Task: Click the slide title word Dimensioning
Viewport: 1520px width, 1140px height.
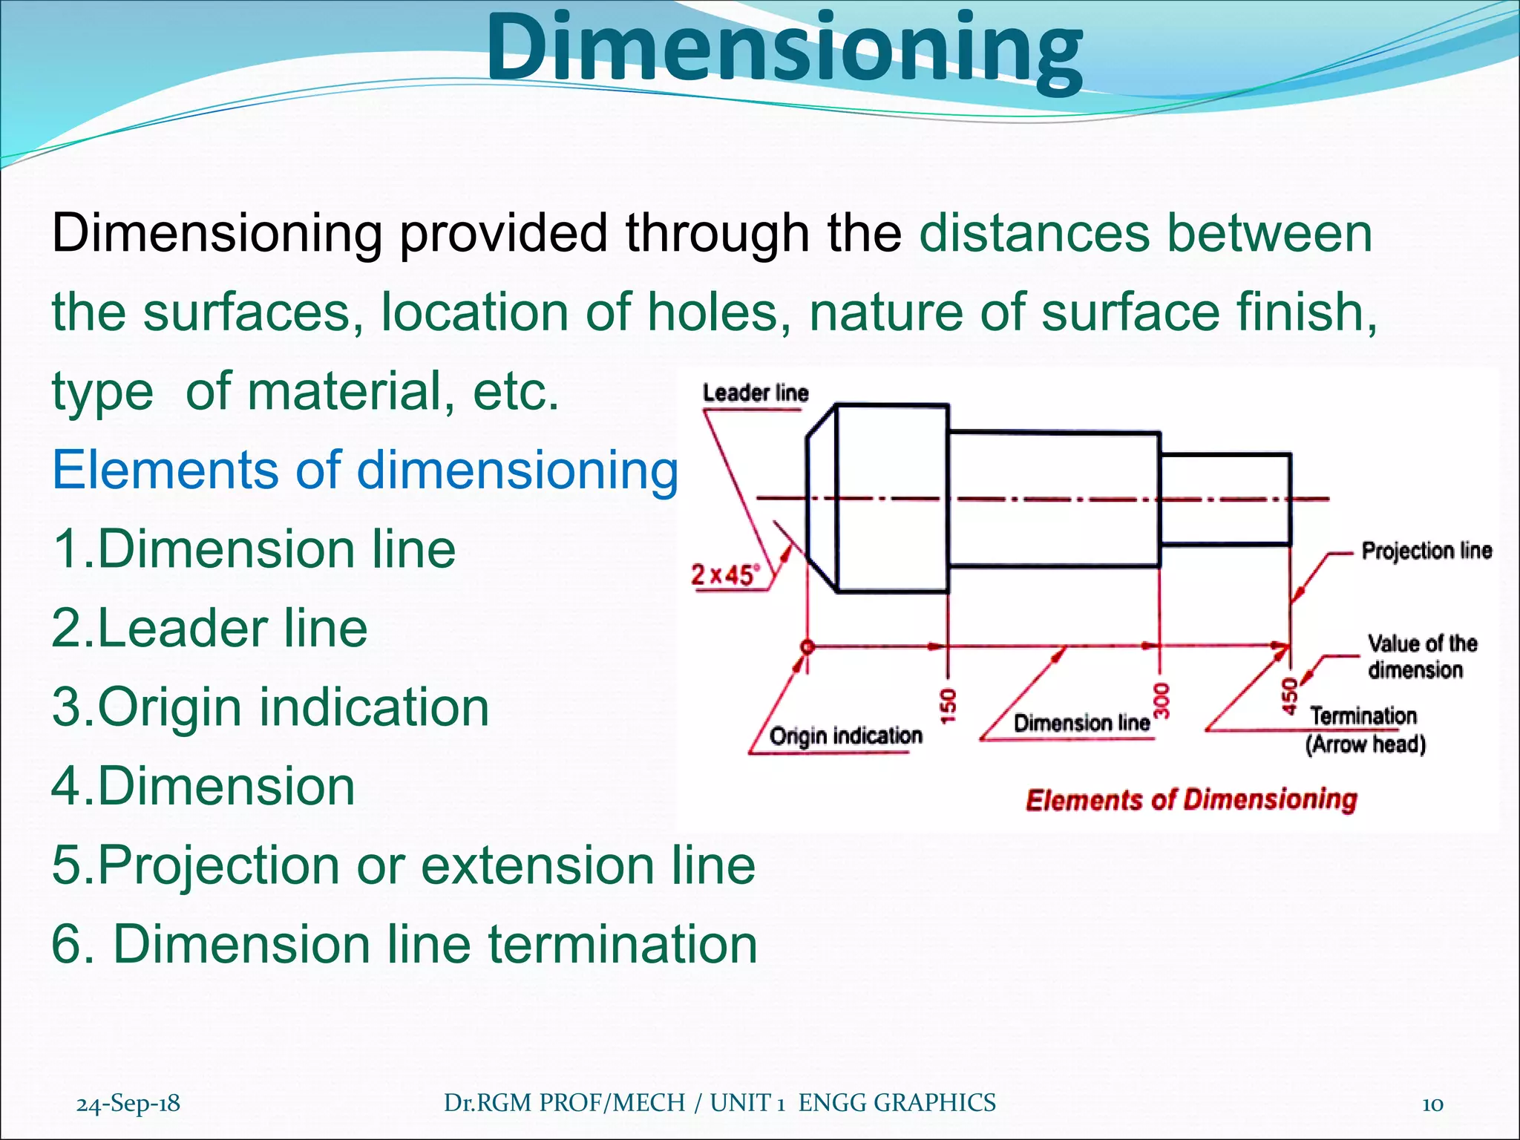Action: (784, 50)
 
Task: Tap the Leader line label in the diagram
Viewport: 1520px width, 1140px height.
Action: (755, 393)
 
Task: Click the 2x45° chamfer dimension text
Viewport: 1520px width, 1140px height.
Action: (725, 574)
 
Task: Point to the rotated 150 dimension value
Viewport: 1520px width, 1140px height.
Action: (949, 705)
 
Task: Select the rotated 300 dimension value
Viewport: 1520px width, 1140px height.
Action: (1162, 700)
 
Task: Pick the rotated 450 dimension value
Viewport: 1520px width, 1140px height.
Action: (1291, 696)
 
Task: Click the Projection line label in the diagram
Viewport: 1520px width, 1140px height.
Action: (1426, 551)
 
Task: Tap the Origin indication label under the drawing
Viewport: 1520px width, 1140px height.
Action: (845, 736)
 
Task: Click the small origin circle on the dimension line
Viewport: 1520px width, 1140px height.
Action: (807, 646)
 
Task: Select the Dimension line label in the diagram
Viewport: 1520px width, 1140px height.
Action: (1081, 723)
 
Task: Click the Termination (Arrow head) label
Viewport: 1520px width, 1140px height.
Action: (1364, 730)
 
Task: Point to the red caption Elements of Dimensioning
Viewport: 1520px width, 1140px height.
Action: (1190, 799)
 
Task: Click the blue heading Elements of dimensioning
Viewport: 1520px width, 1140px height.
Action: (365, 470)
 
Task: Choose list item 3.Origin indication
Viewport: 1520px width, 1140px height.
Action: (271, 707)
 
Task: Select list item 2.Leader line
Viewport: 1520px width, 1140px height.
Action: (209, 628)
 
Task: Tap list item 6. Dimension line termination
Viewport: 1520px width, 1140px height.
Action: (404, 944)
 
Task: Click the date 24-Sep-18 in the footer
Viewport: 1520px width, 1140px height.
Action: (128, 1103)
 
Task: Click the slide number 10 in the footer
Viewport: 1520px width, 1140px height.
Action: (1432, 1104)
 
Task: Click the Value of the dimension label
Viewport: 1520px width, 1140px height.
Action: (1421, 656)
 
